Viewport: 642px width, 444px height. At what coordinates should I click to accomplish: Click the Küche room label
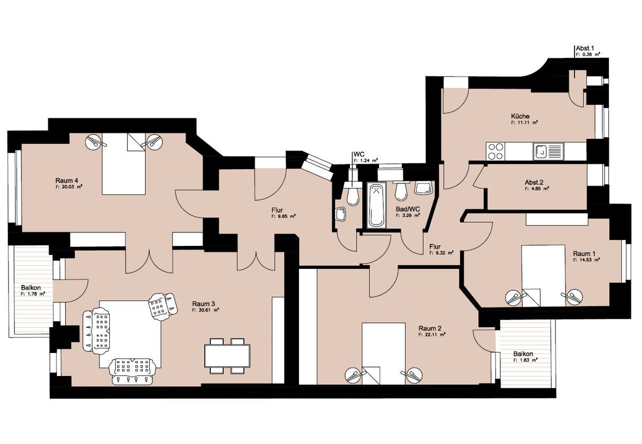[x=520, y=116]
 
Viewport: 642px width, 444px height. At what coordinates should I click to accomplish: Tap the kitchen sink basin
[x=540, y=151]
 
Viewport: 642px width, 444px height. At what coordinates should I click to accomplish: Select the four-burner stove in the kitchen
[x=495, y=151]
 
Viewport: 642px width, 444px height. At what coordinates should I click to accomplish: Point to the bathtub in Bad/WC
[x=377, y=206]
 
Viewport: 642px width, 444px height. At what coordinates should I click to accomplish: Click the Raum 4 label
[x=66, y=180]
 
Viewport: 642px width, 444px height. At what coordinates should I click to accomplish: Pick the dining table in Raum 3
[x=227, y=356]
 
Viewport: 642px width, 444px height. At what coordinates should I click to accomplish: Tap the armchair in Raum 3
[x=162, y=306]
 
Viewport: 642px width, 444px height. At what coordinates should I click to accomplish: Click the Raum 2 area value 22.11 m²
[x=432, y=335]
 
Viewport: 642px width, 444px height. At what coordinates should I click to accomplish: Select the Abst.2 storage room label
[x=534, y=182]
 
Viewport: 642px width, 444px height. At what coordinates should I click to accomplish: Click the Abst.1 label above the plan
[x=584, y=48]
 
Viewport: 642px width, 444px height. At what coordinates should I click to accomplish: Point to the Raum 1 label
[x=584, y=254]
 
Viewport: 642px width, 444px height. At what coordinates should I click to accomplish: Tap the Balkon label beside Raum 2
[x=523, y=354]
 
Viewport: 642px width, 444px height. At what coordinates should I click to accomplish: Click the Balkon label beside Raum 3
[x=31, y=288]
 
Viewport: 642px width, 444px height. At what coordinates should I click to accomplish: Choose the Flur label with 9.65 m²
[x=277, y=210]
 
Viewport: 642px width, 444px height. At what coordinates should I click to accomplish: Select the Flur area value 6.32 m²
[x=441, y=253]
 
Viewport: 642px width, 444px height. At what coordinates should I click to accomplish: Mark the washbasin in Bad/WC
[x=424, y=189]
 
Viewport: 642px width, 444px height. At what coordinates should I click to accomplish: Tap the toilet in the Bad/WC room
[x=401, y=191]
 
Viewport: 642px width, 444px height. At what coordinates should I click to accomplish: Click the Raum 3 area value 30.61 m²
[x=205, y=310]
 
